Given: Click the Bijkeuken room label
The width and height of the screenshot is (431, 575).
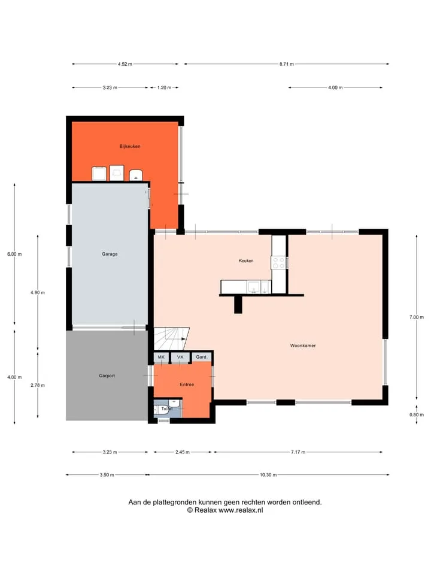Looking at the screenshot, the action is (x=130, y=146).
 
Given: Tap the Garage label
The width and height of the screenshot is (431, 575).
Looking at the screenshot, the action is (x=110, y=254).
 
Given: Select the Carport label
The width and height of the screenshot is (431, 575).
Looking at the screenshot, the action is (x=107, y=376).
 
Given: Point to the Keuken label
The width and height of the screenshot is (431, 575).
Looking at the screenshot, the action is (x=246, y=261).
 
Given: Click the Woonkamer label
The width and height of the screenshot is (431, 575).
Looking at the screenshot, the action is (x=303, y=346).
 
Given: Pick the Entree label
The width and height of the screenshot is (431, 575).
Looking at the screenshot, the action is (x=187, y=385).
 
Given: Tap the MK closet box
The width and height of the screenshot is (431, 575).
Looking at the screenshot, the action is (x=161, y=357).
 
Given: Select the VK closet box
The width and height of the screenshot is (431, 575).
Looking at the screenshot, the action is (x=180, y=357).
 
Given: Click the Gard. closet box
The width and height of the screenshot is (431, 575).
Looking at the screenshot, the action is (x=202, y=357).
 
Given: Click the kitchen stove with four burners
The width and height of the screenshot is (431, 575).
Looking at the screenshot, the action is (x=278, y=263).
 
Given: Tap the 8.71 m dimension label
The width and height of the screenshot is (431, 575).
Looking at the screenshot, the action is (x=287, y=64).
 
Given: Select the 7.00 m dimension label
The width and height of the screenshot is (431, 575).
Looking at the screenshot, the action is (x=417, y=317).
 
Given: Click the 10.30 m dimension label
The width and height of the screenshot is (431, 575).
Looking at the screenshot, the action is (x=268, y=475).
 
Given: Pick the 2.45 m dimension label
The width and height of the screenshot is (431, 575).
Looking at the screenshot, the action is (x=183, y=452).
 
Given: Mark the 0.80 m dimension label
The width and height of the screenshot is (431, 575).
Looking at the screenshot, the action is (x=417, y=414).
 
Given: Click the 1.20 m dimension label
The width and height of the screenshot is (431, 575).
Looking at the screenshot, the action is (x=164, y=87).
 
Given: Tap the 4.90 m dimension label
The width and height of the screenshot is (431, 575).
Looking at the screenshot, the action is (x=38, y=293).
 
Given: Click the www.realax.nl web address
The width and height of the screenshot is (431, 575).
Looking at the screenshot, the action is (x=241, y=510).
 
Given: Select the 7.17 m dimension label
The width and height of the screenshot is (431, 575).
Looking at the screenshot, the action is (x=298, y=452).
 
